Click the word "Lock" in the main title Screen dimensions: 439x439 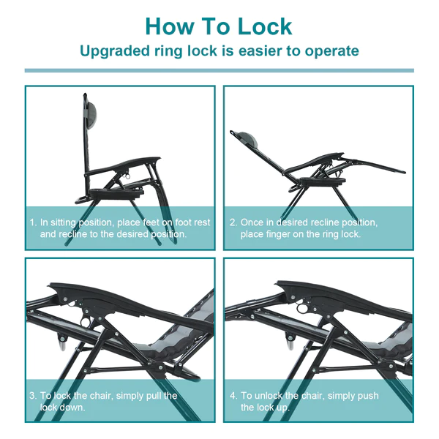265,26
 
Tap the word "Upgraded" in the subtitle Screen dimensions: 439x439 115,51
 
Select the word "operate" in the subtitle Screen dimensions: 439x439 331,51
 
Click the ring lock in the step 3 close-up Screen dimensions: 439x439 85,320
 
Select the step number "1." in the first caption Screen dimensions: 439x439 34,222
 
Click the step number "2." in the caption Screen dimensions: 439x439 233,222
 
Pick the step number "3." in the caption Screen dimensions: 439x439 33,396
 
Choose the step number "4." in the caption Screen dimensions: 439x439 233,396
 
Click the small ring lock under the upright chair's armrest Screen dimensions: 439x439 127,176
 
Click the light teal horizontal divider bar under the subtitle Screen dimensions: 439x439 219,70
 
